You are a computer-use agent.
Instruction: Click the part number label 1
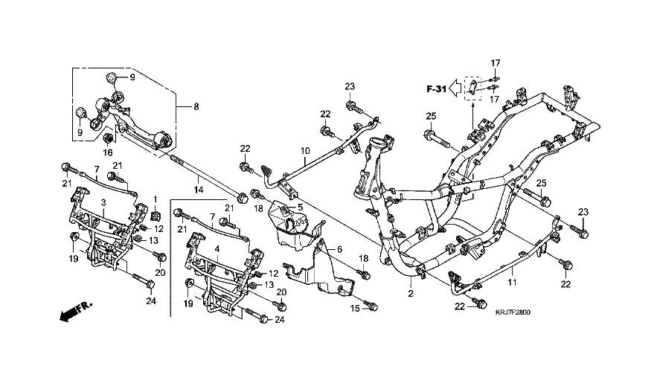[156, 199]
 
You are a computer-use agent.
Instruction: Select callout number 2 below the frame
[410, 295]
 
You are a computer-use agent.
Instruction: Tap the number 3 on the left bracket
[103, 202]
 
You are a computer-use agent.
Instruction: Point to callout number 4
[217, 249]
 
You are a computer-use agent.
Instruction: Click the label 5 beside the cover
[301, 206]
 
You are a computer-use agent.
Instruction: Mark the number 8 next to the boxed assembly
[196, 106]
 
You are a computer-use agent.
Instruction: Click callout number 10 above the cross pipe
[304, 152]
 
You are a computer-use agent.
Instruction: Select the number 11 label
[511, 283]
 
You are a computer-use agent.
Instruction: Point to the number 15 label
[354, 308]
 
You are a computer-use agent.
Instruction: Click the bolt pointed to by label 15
[372, 306]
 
